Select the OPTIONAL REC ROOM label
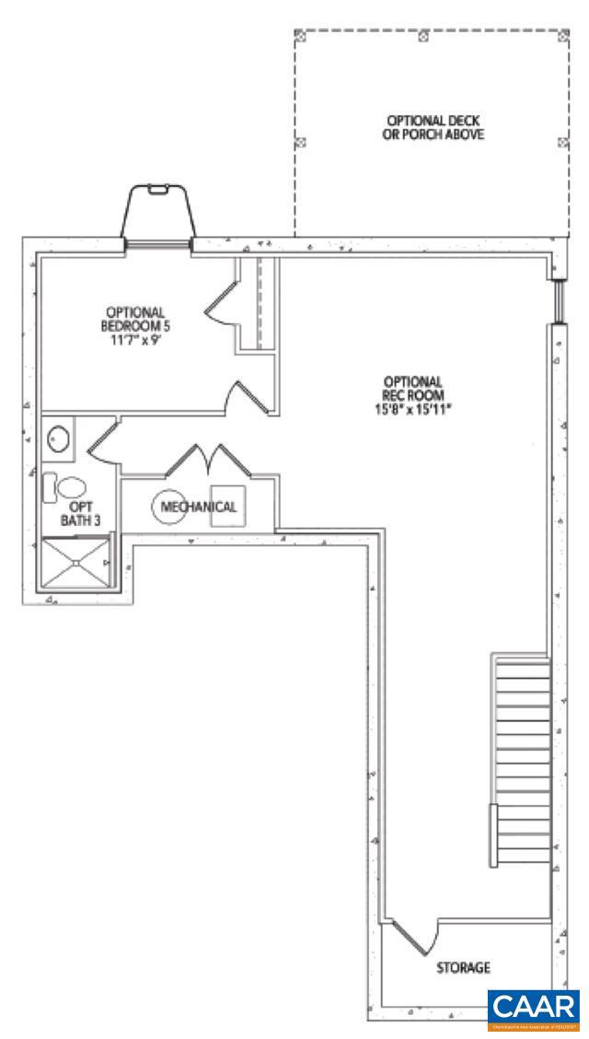413,387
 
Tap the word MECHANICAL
199,507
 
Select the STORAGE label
462,968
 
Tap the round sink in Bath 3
60,439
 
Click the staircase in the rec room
522,760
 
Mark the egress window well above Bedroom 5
158,212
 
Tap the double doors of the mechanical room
204,460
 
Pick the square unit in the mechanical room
227,506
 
